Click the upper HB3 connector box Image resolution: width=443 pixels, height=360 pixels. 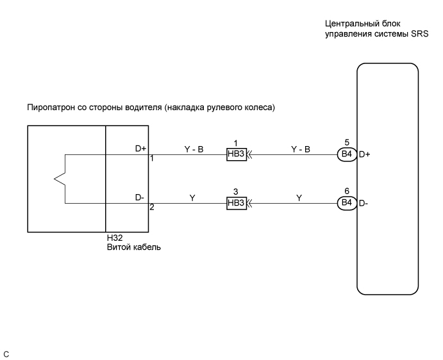tap(236, 154)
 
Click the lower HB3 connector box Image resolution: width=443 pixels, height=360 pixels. tap(236, 203)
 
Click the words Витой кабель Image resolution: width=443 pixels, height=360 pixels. tap(133, 246)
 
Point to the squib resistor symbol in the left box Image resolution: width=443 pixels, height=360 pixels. tap(60, 179)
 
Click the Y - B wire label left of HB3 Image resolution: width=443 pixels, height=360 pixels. tap(194, 149)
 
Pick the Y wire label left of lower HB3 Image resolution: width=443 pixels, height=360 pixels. tap(192, 199)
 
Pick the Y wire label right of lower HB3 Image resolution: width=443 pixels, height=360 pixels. tap(299, 199)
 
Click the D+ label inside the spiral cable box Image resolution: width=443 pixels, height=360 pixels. tap(141, 149)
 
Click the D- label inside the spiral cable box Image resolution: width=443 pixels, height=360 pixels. tap(140, 198)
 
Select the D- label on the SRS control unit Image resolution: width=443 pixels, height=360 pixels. tap(364, 203)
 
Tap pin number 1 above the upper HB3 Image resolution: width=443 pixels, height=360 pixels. tap(236, 142)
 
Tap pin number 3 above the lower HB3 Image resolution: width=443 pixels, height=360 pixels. tap(236, 192)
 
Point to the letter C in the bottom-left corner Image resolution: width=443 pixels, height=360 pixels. tap(6, 353)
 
